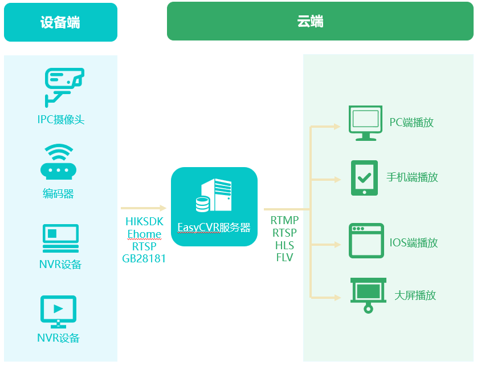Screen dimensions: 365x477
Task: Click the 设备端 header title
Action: [60, 22]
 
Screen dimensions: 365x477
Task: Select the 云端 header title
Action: [311, 22]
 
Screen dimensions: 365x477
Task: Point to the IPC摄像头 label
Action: [61, 120]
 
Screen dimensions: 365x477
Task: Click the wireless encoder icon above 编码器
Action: [59, 162]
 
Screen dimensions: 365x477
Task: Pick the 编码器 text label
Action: [59, 194]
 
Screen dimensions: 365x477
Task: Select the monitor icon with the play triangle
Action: [58, 311]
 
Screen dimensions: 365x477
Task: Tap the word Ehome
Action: [144, 234]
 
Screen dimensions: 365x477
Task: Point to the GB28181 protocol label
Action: [144, 258]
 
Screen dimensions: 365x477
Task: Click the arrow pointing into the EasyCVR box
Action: [144, 208]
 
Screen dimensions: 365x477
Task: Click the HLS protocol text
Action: [284, 245]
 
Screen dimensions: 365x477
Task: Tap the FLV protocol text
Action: [284, 257]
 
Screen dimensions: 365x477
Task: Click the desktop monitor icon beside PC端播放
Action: [365, 123]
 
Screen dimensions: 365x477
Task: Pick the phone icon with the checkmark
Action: [364, 177]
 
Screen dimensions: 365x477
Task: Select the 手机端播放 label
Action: [412, 177]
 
